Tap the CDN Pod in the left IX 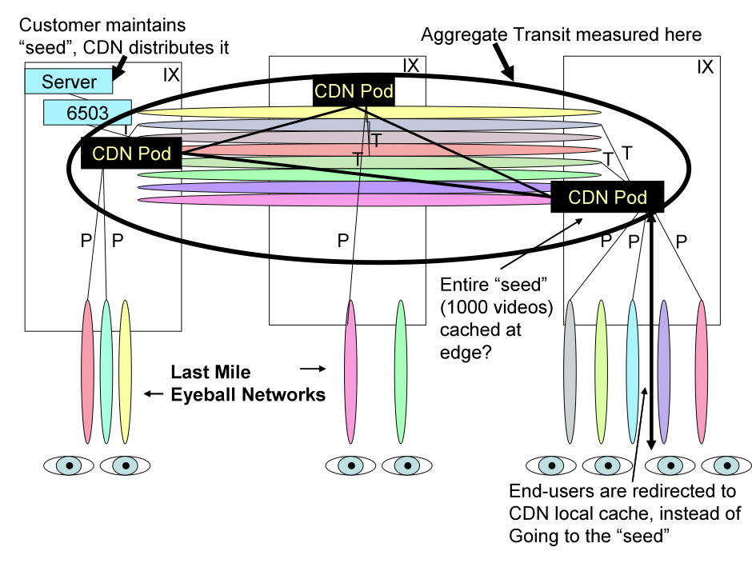[131, 151]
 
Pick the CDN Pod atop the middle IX [354, 92]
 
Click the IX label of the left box [171, 75]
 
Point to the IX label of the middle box [410, 66]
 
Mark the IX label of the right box [705, 67]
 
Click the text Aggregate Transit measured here [561, 35]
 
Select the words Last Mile [210, 372]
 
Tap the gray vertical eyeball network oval [570, 371]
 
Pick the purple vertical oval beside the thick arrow [663, 371]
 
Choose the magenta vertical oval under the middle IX [350, 371]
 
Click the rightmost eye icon [726, 465]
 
